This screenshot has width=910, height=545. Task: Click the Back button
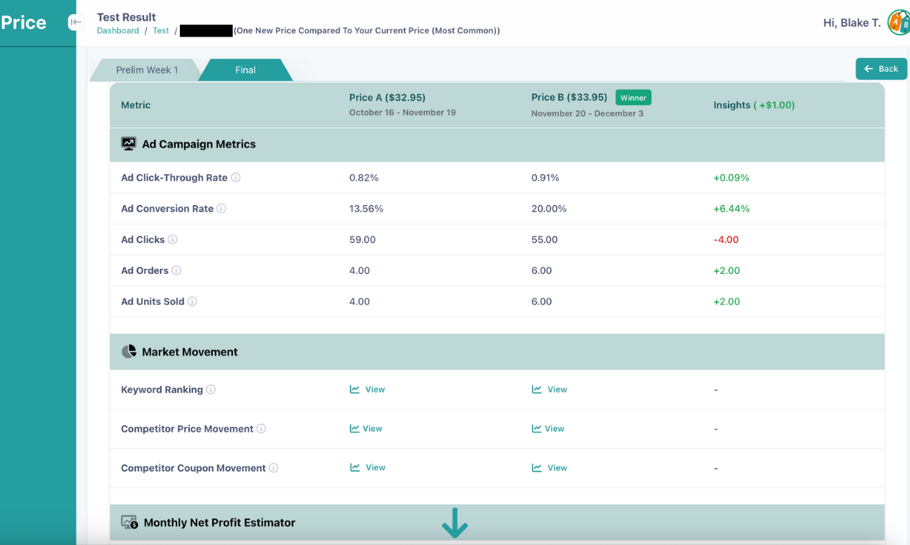pyautogui.click(x=881, y=69)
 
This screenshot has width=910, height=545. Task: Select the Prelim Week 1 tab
pyautogui.click(x=147, y=70)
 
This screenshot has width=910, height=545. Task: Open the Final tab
pyautogui.click(x=245, y=70)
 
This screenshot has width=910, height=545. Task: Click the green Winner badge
pyautogui.click(x=633, y=98)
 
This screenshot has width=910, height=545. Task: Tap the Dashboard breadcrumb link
pyautogui.click(x=118, y=31)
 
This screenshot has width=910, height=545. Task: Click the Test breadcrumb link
pyautogui.click(x=161, y=31)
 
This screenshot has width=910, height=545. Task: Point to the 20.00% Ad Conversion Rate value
pyautogui.click(x=549, y=209)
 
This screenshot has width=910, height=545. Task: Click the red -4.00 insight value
pyautogui.click(x=726, y=240)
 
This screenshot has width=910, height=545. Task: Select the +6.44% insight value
pyautogui.click(x=731, y=209)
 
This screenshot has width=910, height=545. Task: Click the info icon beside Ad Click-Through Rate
pyautogui.click(x=236, y=177)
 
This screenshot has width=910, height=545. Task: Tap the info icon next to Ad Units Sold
pyautogui.click(x=192, y=301)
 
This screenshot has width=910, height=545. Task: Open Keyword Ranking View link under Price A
pyautogui.click(x=368, y=389)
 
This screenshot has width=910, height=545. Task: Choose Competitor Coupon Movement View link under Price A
pyautogui.click(x=368, y=468)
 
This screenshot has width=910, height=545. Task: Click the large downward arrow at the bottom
pyautogui.click(x=454, y=523)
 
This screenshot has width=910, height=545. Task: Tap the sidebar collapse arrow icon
pyautogui.click(x=75, y=22)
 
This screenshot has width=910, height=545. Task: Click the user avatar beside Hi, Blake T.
pyautogui.click(x=898, y=23)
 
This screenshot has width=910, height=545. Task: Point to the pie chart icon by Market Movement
pyautogui.click(x=129, y=351)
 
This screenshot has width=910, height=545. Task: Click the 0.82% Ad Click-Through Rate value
pyautogui.click(x=363, y=178)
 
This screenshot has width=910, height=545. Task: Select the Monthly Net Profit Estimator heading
pyautogui.click(x=219, y=523)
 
